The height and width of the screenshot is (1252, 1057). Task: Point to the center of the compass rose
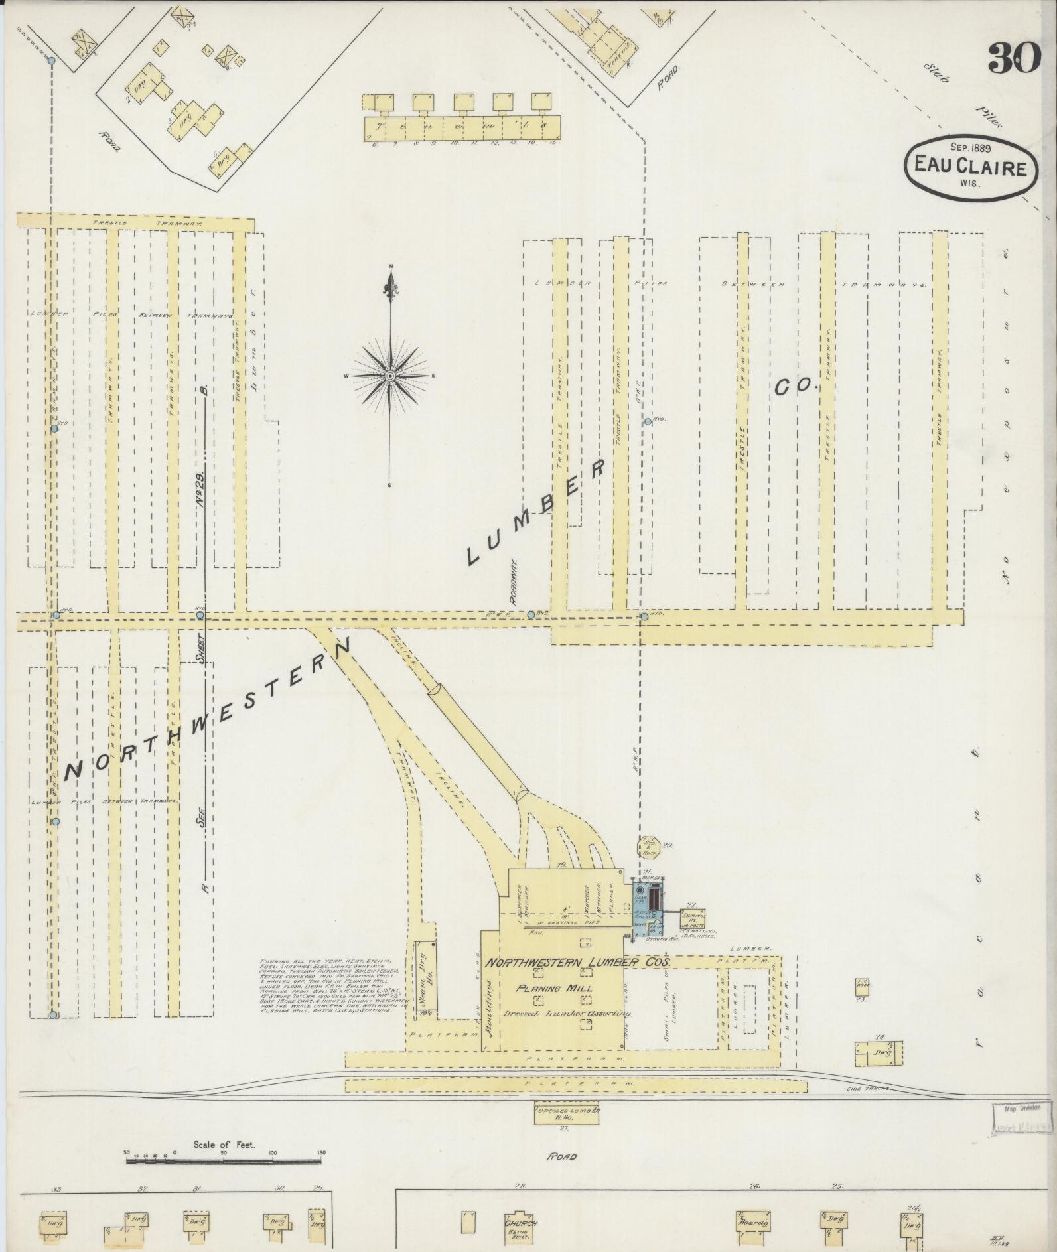pos(390,376)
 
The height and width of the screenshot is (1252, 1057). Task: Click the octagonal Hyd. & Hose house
pos(647,847)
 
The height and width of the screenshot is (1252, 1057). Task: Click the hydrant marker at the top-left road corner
pos(51,61)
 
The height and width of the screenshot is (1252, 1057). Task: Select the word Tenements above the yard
pos(462,124)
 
